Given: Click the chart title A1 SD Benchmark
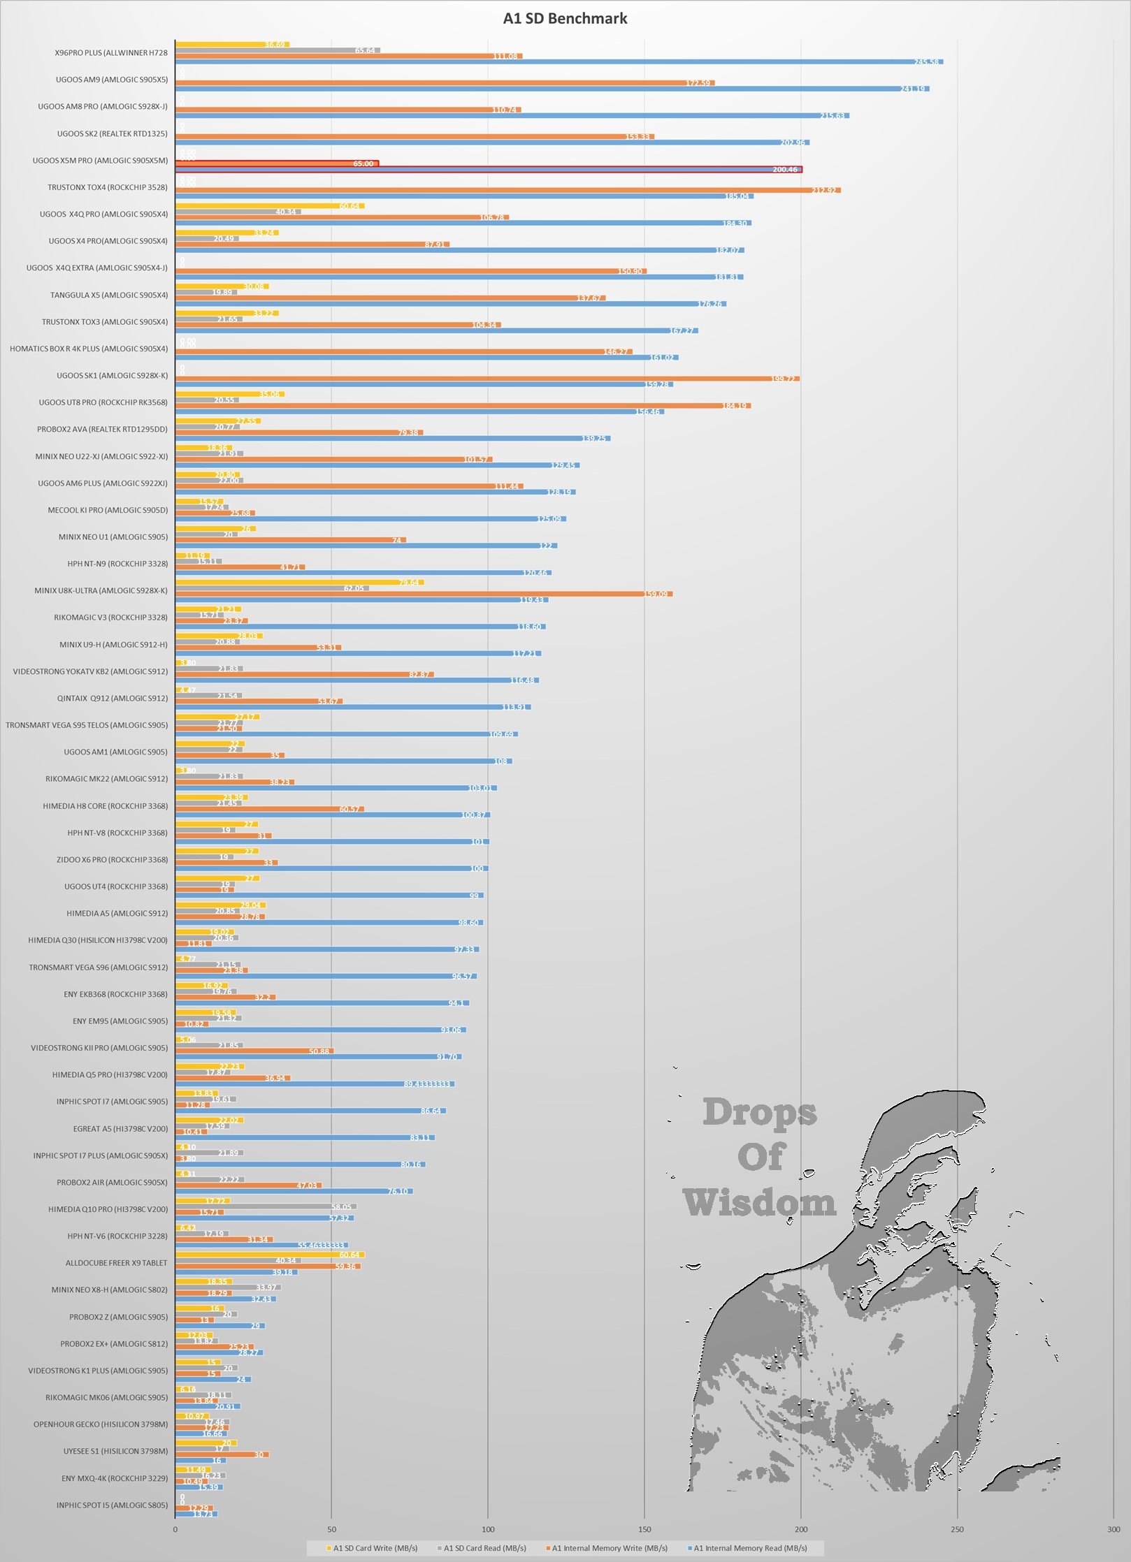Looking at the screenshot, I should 565,19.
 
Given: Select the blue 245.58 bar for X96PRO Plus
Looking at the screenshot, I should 559,62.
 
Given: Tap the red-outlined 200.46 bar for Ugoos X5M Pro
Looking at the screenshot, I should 489,170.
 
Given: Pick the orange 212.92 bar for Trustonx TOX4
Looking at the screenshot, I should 507,190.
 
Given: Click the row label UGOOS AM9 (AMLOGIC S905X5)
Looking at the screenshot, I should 112,80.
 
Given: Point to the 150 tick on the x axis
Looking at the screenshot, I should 644,1529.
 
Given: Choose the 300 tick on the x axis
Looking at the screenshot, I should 1114,1529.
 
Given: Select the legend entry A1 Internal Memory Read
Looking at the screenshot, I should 750,1548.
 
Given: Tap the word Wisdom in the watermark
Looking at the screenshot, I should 759,1203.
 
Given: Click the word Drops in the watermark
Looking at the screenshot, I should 760,1112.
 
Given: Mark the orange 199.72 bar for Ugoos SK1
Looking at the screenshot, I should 487,379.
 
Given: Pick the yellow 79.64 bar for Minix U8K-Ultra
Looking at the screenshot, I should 299,582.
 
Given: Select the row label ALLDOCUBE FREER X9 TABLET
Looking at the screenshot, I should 116,1263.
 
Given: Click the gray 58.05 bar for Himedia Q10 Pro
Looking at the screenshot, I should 266,1206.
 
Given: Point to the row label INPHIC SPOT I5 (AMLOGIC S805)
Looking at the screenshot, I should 112,1505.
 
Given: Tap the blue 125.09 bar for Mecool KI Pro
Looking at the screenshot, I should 370,519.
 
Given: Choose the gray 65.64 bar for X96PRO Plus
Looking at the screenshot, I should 278,50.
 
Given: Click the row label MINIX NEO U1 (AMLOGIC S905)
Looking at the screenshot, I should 113,537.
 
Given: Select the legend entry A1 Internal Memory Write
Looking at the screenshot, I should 610,1548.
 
